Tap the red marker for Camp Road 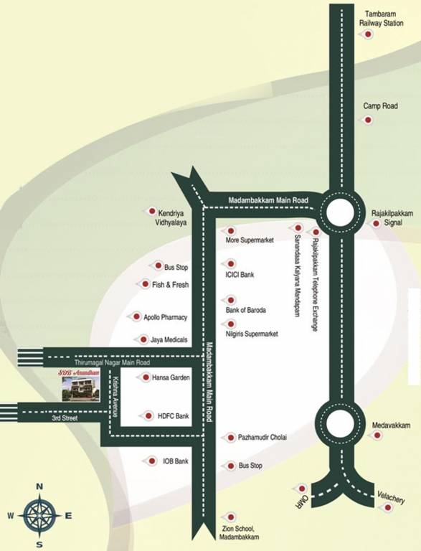[369, 121]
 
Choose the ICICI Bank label [240, 275]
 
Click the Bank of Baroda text [246, 310]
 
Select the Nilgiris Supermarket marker [230, 324]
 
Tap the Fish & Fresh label [170, 285]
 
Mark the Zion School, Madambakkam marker [230, 517]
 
